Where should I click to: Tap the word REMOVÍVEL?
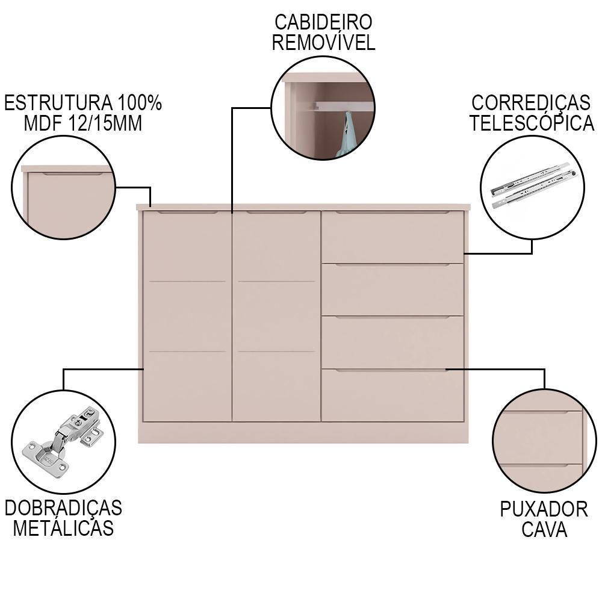323,42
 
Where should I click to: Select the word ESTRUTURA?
58,103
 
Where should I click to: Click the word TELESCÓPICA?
532,123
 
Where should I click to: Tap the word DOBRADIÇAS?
63,507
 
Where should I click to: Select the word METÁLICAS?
63,528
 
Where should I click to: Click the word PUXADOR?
544,509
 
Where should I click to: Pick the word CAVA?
544,529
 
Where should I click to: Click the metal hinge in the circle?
63,441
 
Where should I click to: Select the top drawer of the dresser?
392,237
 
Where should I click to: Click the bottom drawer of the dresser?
392,395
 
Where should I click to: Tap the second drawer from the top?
392,290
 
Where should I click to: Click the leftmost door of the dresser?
187,316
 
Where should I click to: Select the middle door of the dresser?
276,316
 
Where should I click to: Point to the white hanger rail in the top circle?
344,107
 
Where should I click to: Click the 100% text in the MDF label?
140,103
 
